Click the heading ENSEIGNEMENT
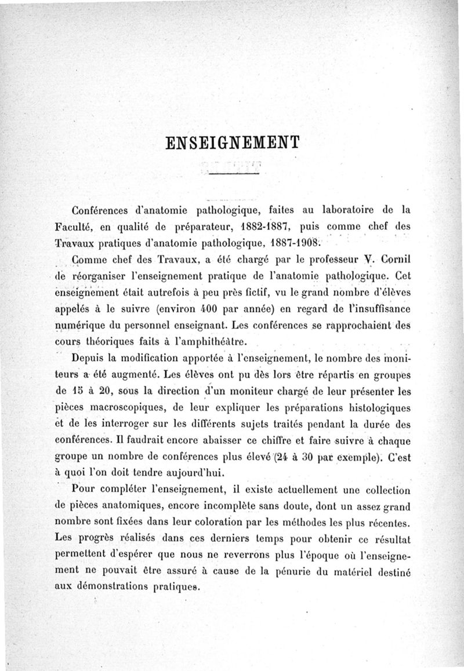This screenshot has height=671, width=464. tap(231, 143)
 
